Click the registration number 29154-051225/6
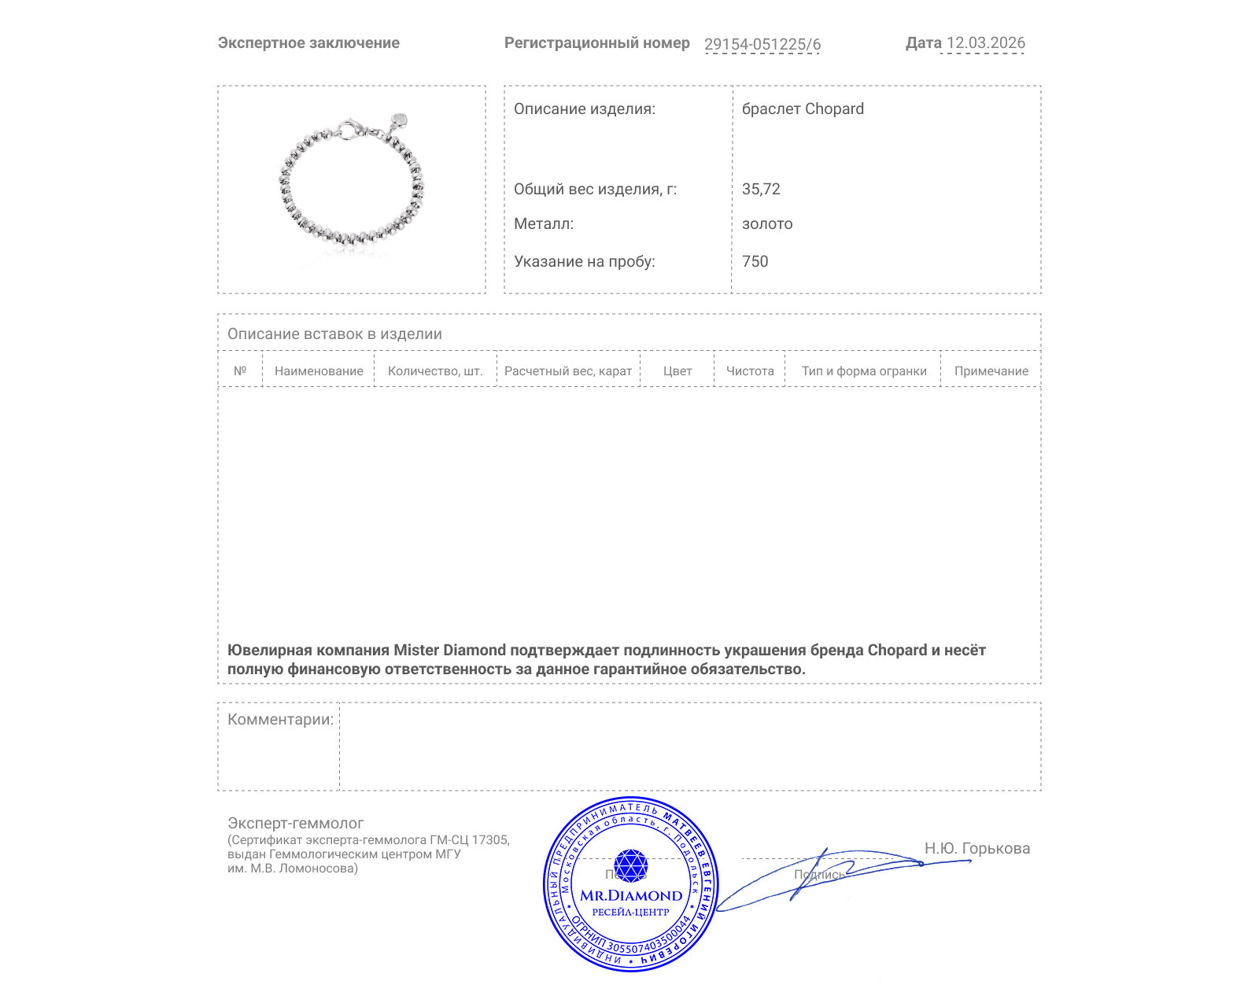coord(762,44)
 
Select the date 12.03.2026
coord(985,43)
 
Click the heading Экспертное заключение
coord(308,43)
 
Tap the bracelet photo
coord(351,186)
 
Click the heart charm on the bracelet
coord(400,121)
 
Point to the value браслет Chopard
coord(803,109)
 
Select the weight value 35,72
coord(761,190)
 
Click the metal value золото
coord(767,224)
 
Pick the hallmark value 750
coord(755,262)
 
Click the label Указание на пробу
coord(584,262)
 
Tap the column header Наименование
coord(319,371)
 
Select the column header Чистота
coord(750,371)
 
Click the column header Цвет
coord(677,371)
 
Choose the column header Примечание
coord(991,371)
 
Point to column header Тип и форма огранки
coord(864,371)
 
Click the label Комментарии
coord(280,720)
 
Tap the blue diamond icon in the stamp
coord(630,865)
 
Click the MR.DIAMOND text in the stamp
coord(631,895)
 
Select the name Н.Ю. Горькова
coord(977,849)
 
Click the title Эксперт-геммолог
coord(295,824)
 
